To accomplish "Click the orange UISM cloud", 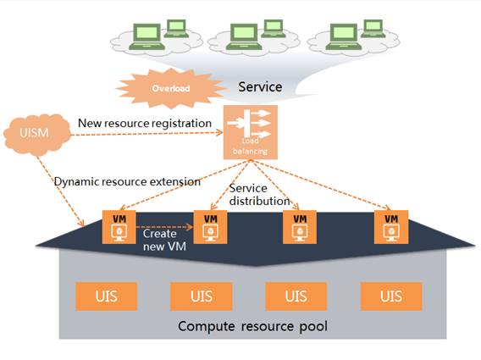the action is pyautogui.click(x=36, y=135).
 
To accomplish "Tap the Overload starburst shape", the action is pyautogui.click(x=170, y=88).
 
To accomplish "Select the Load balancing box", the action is pyautogui.click(x=251, y=132).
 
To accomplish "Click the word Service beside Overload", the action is pyautogui.click(x=260, y=87).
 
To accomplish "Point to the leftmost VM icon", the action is pyautogui.click(x=119, y=227).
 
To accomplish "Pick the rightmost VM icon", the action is pyautogui.click(x=391, y=227).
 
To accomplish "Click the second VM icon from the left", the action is pyautogui.click(x=210, y=227).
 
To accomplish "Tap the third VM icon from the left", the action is pyautogui.click(x=300, y=227).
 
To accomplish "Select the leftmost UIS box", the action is pyautogui.click(x=107, y=296).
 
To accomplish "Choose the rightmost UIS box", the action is pyautogui.click(x=391, y=296).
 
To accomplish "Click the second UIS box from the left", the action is pyautogui.click(x=202, y=296).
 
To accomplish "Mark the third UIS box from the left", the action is pyautogui.click(x=296, y=296).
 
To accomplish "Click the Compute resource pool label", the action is pyautogui.click(x=252, y=327).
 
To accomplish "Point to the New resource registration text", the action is pyautogui.click(x=145, y=124).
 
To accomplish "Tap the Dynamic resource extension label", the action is pyautogui.click(x=127, y=181).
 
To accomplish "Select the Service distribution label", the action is pyautogui.click(x=259, y=194).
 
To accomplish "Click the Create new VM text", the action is pyautogui.click(x=164, y=240).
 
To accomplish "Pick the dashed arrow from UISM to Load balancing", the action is pyautogui.click(x=147, y=134).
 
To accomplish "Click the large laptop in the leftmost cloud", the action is pyautogui.click(x=147, y=36).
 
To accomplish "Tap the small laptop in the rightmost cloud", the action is pyautogui.click(x=373, y=29).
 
